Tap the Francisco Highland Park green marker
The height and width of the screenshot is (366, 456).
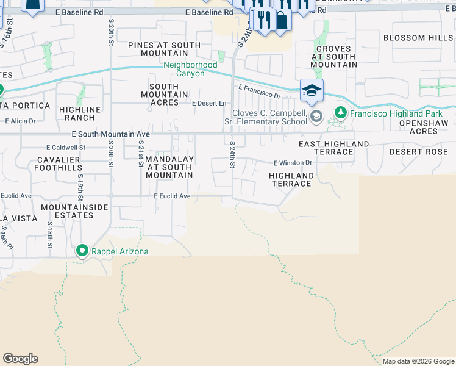pos(341,113)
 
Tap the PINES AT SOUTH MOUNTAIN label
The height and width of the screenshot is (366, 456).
pos(164,49)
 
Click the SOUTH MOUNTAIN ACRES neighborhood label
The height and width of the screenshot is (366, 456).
pos(164,95)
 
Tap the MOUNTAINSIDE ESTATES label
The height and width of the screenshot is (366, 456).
pos(74,211)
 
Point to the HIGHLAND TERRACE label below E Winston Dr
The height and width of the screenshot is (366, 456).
pos(291,179)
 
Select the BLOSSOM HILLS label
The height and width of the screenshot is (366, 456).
pos(418,38)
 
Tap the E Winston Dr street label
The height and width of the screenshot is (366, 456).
pos(293,163)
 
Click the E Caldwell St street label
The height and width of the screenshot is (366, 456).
pos(66,148)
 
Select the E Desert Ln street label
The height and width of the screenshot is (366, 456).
pos(209,104)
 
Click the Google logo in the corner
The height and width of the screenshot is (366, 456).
pos(20,359)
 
